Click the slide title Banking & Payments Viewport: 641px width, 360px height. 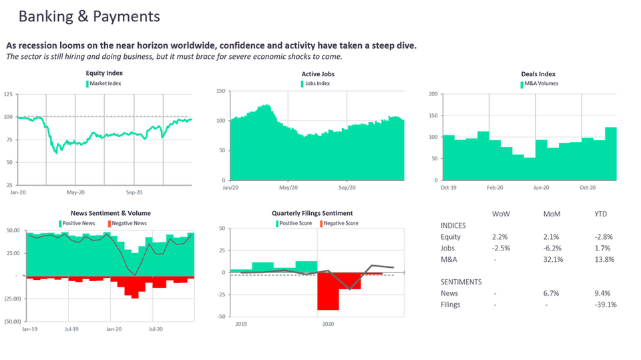89,17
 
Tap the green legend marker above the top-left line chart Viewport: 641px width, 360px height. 87,83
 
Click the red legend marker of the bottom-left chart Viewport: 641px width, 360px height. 108,221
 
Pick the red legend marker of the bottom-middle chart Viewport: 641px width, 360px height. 322,221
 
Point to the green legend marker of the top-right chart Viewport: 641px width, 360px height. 523,83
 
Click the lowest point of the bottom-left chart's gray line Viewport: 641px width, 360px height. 137,274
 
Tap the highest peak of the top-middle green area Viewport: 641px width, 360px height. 268,102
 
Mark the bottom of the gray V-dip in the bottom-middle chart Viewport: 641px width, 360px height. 349,291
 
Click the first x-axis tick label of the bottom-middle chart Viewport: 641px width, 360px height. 240,325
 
